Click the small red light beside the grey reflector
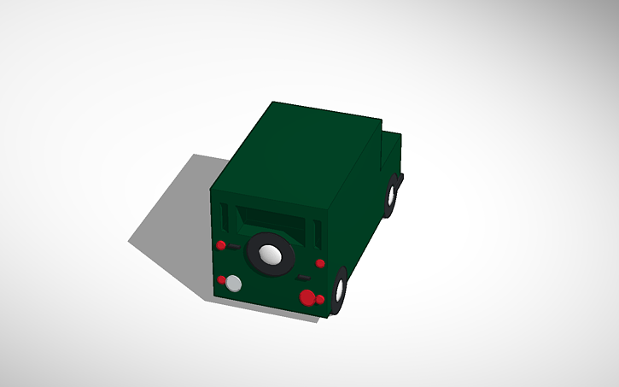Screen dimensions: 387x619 222,279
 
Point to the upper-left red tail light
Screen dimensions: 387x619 221,245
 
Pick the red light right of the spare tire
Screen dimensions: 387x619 320,262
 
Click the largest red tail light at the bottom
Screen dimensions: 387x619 307,297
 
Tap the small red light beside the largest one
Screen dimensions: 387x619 320,300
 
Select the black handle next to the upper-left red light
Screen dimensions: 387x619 233,246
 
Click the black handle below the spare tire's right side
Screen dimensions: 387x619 302,279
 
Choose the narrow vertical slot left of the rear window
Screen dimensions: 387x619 224,217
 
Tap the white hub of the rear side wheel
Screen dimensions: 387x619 340,291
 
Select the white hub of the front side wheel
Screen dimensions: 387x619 393,196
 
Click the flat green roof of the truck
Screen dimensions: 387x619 299,154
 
